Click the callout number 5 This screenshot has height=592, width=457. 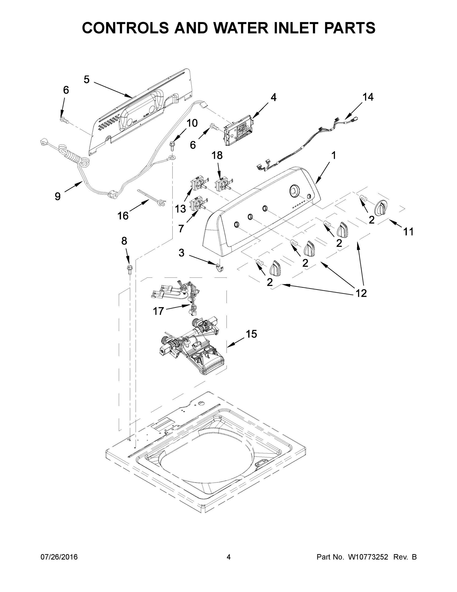[x=86, y=80]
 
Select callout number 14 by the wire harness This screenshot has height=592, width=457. [x=368, y=97]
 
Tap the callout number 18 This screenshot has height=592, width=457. [x=217, y=156]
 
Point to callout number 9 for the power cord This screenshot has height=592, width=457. [x=57, y=196]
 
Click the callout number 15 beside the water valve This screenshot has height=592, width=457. [x=251, y=334]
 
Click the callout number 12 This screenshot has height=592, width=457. [x=361, y=293]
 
